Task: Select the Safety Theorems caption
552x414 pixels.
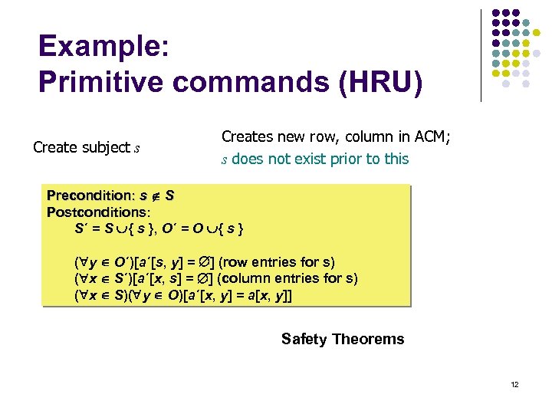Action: tap(343, 339)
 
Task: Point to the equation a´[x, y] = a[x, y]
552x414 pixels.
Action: tap(237, 295)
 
